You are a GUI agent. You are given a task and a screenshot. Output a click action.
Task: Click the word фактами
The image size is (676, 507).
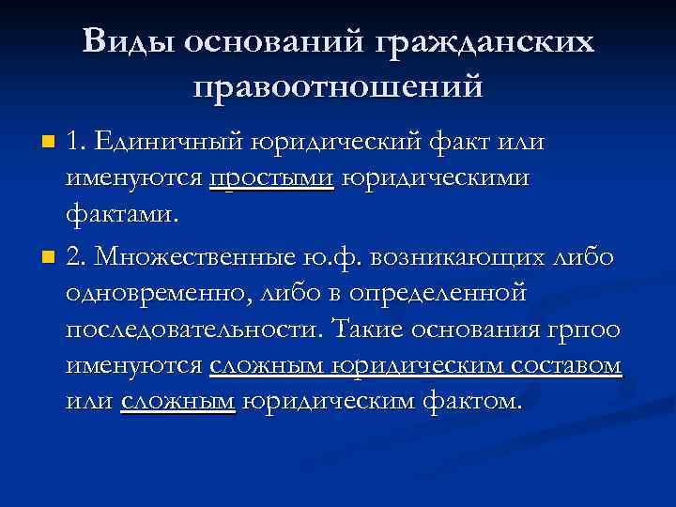121,215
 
